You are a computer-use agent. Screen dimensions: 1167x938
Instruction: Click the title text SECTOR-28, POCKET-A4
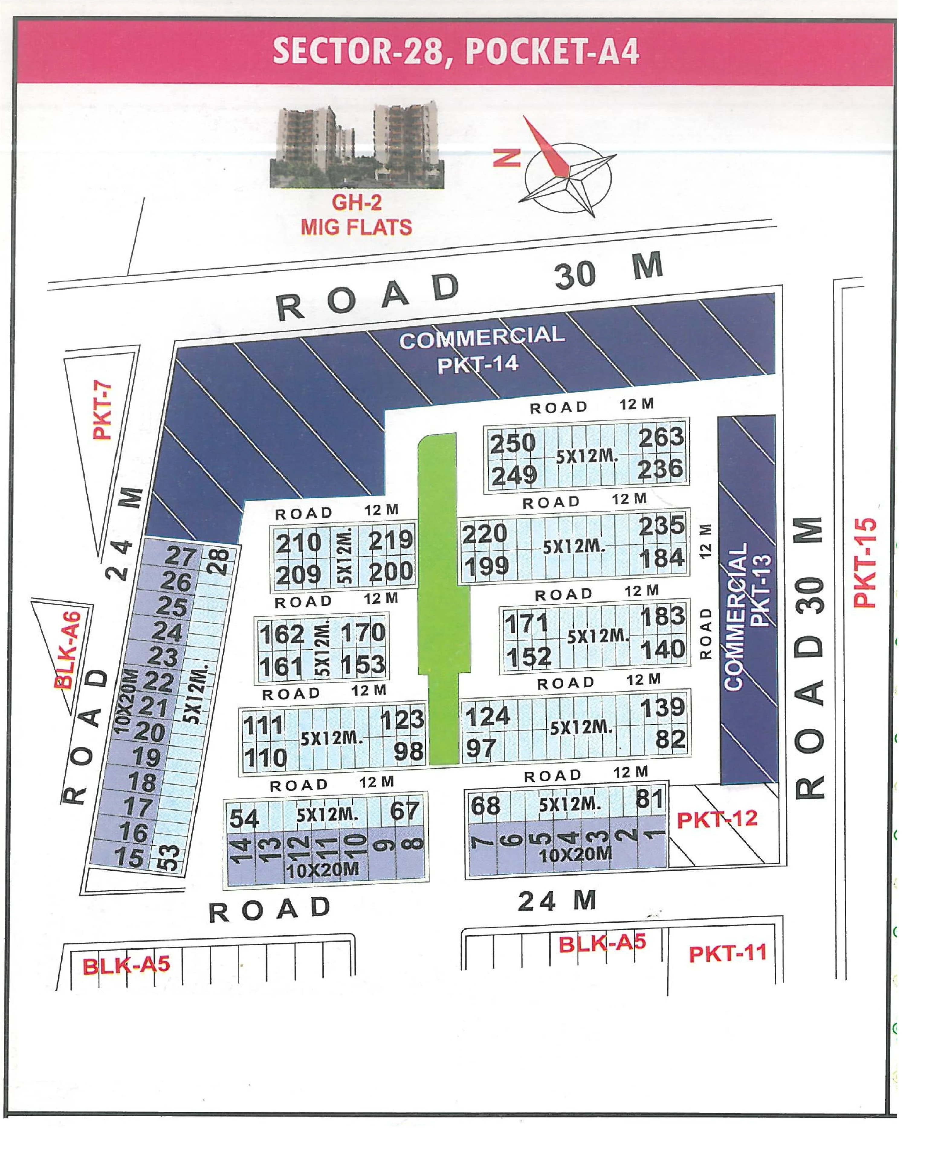455,51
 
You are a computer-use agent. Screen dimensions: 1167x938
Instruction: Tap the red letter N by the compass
507,158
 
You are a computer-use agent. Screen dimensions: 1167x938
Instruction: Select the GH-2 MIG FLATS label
356,215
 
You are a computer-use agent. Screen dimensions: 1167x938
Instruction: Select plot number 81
649,799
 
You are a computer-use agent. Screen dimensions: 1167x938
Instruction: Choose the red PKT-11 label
727,953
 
